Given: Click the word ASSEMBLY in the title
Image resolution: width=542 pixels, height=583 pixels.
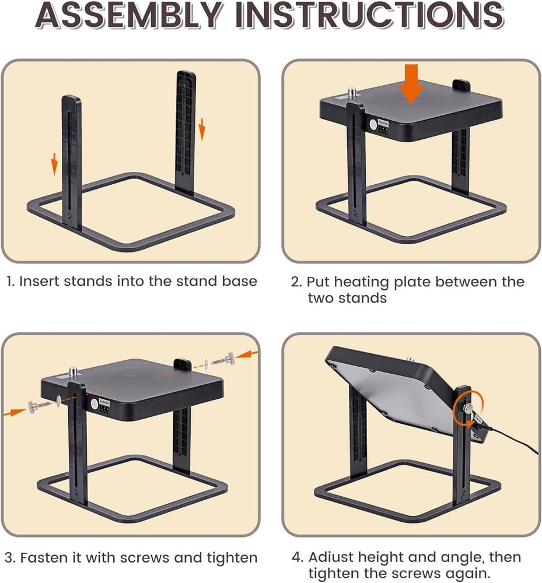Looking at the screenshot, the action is (129, 15).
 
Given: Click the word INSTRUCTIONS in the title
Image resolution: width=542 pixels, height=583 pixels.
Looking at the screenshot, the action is (370, 15).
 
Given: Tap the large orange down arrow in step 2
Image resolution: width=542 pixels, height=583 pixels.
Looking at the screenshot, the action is (411, 83).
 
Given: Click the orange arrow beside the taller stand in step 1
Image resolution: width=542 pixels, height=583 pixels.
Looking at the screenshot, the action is (202, 129).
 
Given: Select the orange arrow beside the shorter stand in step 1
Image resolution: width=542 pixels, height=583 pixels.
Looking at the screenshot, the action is (54, 164).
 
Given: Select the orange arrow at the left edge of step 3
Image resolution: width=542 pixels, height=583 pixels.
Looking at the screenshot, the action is (15, 412).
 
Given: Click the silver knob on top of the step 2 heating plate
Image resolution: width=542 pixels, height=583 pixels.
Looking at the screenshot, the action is (352, 93).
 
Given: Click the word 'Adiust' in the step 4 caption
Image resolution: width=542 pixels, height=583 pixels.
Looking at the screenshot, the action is (335, 557).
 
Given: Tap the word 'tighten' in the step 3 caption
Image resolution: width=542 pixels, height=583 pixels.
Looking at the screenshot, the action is (232, 558).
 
